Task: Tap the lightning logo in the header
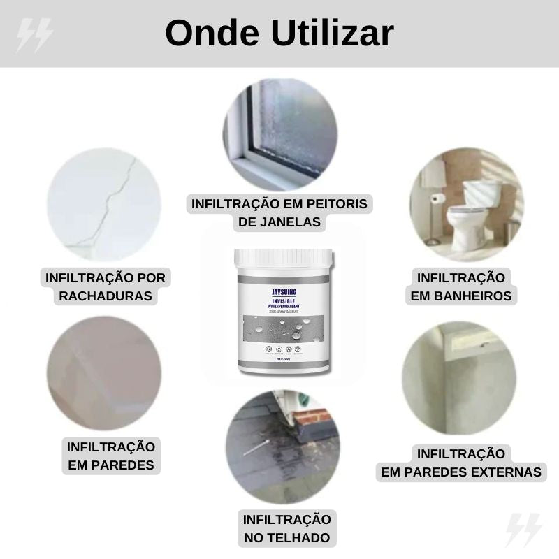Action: [x=34, y=34]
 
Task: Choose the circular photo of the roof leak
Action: [x=282, y=447]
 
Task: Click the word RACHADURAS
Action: [x=106, y=296]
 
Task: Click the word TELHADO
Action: [x=286, y=538]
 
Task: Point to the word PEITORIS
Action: [x=331, y=204]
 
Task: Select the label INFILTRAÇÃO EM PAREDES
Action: [x=110, y=456]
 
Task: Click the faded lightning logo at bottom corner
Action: [x=523, y=530]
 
